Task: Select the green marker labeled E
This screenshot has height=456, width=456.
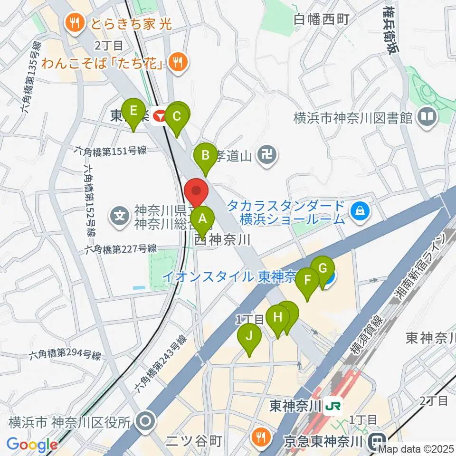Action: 133,112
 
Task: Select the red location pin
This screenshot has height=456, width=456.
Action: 197,191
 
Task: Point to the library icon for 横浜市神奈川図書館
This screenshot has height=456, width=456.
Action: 427,116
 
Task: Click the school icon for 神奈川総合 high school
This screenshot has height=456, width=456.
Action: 119,216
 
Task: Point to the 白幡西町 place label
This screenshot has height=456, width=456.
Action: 321,19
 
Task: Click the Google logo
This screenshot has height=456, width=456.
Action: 32,445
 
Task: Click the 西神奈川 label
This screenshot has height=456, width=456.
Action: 222,240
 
